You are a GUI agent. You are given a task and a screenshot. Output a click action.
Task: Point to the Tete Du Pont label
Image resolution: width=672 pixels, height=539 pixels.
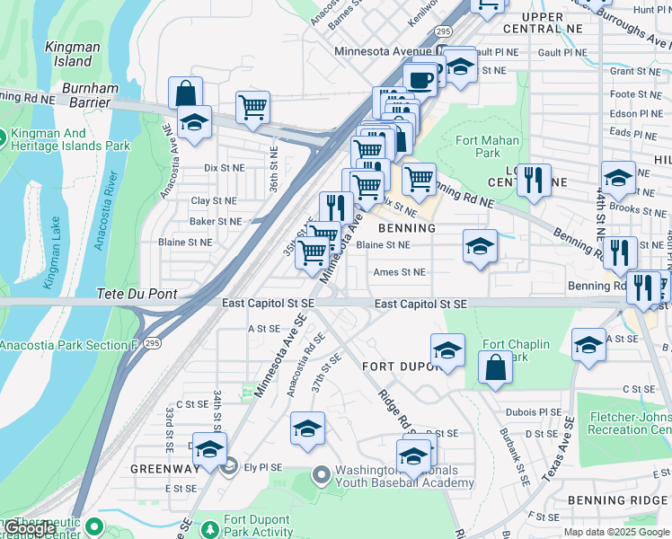137,294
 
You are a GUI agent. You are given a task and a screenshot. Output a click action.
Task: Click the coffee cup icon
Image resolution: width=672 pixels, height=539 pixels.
420,80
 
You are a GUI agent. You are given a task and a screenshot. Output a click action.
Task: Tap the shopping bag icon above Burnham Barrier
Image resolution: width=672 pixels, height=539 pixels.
185,92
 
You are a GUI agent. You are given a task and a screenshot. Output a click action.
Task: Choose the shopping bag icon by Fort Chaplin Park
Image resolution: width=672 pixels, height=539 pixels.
495,367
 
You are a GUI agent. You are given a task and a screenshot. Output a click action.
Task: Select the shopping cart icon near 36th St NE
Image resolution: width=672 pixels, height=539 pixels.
253,107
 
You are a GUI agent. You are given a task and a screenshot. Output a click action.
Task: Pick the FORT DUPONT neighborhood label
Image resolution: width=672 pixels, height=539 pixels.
399,367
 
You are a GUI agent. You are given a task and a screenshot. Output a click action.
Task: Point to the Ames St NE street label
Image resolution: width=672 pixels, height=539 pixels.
399,271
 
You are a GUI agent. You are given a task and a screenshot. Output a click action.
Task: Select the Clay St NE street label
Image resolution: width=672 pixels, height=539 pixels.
213,201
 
